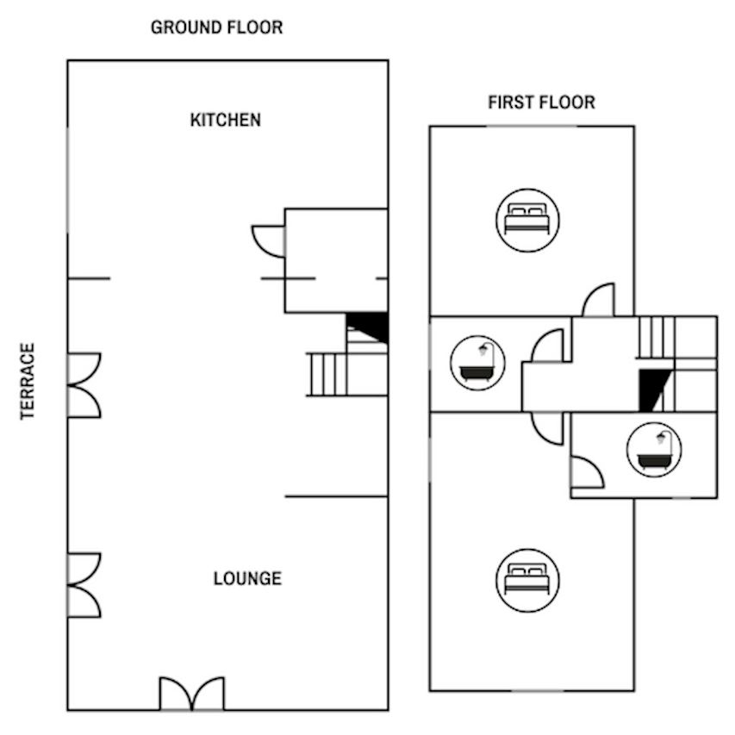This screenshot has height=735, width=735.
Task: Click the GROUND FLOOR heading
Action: (x=216, y=28)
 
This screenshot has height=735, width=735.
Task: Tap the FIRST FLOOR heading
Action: (x=541, y=103)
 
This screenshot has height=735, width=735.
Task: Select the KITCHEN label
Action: (x=226, y=120)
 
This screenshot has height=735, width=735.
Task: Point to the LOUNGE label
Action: (x=247, y=578)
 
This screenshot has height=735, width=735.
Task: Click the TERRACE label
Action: (x=28, y=382)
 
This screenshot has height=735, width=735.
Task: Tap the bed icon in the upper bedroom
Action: (x=527, y=221)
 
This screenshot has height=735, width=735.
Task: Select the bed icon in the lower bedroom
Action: (x=527, y=580)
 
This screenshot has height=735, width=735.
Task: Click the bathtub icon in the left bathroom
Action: (x=477, y=363)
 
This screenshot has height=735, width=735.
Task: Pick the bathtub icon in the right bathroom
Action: (x=654, y=450)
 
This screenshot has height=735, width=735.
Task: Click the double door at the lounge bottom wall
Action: (x=191, y=694)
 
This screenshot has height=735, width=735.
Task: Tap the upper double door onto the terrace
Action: (x=84, y=385)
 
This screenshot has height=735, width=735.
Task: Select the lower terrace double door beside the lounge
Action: (x=84, y=585)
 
